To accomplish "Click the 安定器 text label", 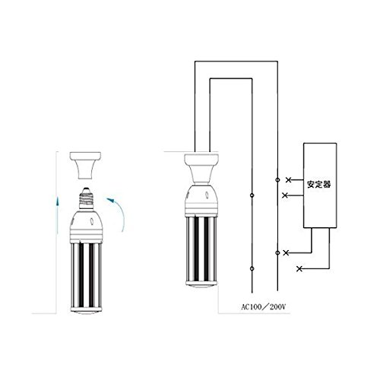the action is tap(319, 184).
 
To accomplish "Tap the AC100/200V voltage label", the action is tap(264, 307).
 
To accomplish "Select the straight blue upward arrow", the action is tap(58, 214).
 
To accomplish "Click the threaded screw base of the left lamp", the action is tap(87, 198).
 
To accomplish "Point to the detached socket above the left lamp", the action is tap(86, 166).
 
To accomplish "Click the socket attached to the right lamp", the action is tap(201, 169).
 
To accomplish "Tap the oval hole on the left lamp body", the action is tap(91, 221).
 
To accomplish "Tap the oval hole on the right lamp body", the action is tap(207, 195).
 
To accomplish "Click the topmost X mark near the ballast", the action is tap(288, 180).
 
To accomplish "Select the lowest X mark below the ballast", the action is tap(299, 269).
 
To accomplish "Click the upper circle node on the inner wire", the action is tap(252, 195).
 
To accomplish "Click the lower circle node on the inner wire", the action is tap(252, 268).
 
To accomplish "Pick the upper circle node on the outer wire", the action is tap(277, 180).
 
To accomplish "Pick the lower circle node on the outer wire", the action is tap(277, 252).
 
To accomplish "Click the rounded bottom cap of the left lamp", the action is tap(87, 311).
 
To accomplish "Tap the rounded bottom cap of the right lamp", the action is tap(201, 284).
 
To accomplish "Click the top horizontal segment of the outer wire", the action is tap(236, 61).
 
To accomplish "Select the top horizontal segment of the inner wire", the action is tap(231, 78).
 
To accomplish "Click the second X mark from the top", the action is tap(285, 195).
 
